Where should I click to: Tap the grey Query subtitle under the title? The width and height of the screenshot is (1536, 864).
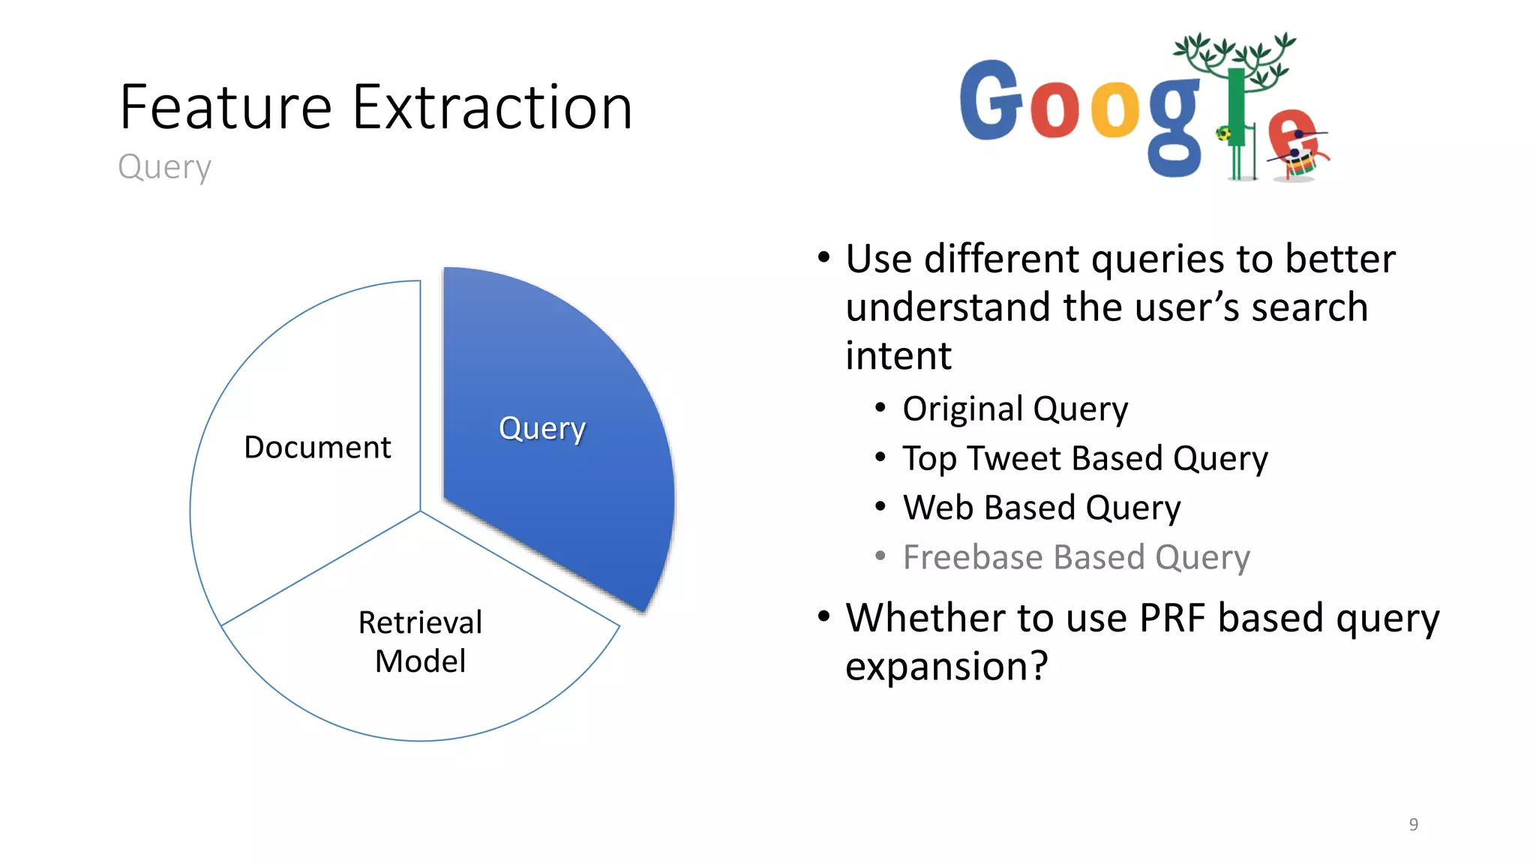164,166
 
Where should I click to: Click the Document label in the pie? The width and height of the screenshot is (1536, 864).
317,448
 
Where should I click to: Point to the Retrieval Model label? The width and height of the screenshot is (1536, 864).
420,642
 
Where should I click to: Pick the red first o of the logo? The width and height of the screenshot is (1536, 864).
1054,110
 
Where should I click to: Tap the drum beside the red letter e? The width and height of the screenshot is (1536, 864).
1302,161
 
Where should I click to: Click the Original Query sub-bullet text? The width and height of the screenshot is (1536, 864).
1015,409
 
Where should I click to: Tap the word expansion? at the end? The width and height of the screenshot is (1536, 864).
946,666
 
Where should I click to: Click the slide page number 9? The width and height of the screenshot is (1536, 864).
1413,824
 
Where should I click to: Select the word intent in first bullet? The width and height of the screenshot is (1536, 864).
898,355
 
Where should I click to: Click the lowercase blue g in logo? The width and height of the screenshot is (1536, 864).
1174,127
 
